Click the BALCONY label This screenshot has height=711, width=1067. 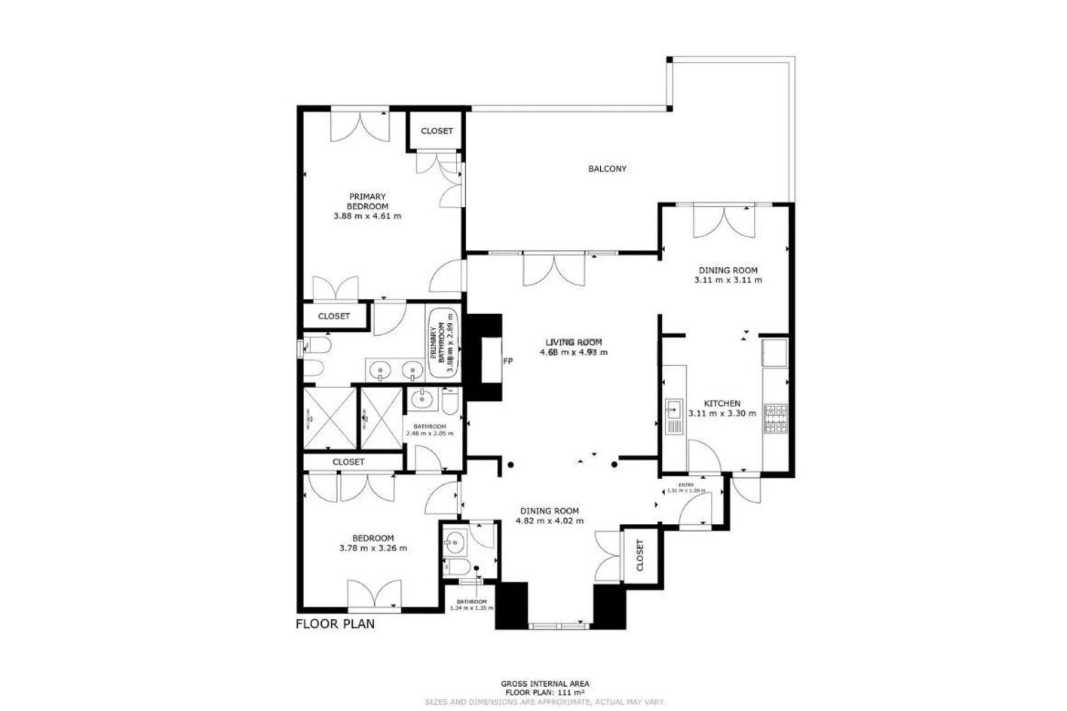607,168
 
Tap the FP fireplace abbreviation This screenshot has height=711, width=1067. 507,361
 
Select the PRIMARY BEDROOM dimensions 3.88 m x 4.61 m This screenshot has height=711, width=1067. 367,216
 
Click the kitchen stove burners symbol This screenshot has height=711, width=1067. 776,419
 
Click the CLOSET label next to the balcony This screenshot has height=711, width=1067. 437,131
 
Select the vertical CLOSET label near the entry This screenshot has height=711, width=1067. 639,555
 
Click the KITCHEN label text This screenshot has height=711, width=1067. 722,403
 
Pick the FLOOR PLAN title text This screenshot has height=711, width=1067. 335,623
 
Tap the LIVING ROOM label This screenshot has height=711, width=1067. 574,342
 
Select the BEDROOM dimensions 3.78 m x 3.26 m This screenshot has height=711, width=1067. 373,548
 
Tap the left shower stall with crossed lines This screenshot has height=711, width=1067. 329,418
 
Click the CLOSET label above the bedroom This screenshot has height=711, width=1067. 348,462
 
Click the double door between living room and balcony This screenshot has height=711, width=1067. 554,269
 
